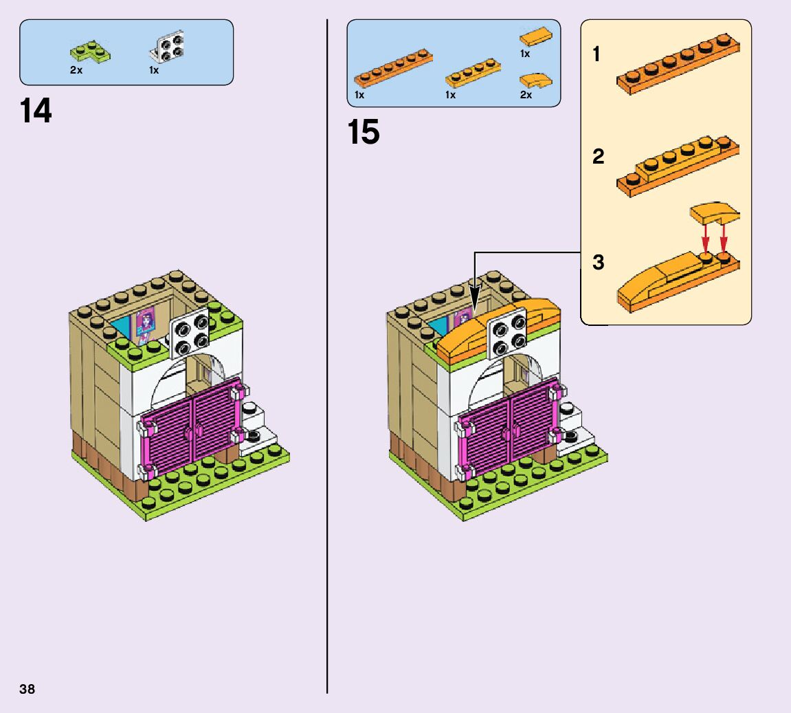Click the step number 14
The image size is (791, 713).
pyautogui.click(x=36, y=111)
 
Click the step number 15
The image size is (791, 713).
pyautogui.click(x=364, y=132)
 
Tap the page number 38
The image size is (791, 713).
pyautogui.click(x=27, y=689)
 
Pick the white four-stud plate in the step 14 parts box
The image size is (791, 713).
pyautogui.click(x=168, y=49)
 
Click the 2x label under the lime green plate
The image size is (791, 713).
pyautogui.click(x=76, y=70)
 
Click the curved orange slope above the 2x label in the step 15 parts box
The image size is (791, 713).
pyautogui.click(x=536, y=80)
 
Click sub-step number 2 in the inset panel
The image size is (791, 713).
pyautogui.click(x=598, y=157)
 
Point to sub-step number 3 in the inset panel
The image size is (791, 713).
pyautogui.click(x=598, y=262)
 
